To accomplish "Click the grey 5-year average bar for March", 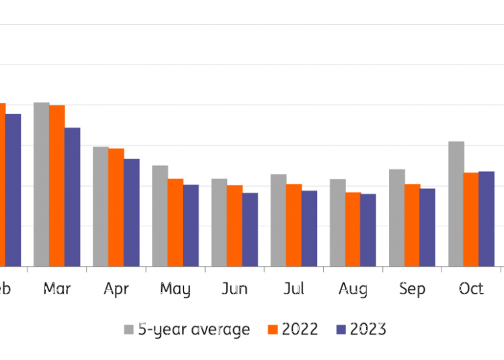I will pos(42,185).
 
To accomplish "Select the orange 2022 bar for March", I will pos(57,186).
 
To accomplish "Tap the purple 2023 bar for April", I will pos(132,212).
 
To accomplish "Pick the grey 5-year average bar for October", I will pos(456,204).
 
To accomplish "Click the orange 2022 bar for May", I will pos(175,222).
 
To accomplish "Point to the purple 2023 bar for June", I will pos(250,230).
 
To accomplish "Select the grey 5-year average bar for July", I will pos(279,220).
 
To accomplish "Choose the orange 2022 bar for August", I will pos(353,229).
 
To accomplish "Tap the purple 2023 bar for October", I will pos(487,219).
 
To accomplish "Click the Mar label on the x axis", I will pos(57,289).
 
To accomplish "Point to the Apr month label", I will pos(116,289).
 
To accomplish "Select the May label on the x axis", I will pos(175,289).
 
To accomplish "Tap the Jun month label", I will pos(235,289).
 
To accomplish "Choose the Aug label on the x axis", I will pos(353,289).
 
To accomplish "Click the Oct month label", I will pos(471,289).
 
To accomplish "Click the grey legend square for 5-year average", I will pos(128,330).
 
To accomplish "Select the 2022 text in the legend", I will pos(300,329).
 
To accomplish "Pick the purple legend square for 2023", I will pos(340,330).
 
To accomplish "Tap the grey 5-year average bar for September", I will pos(397,218).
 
